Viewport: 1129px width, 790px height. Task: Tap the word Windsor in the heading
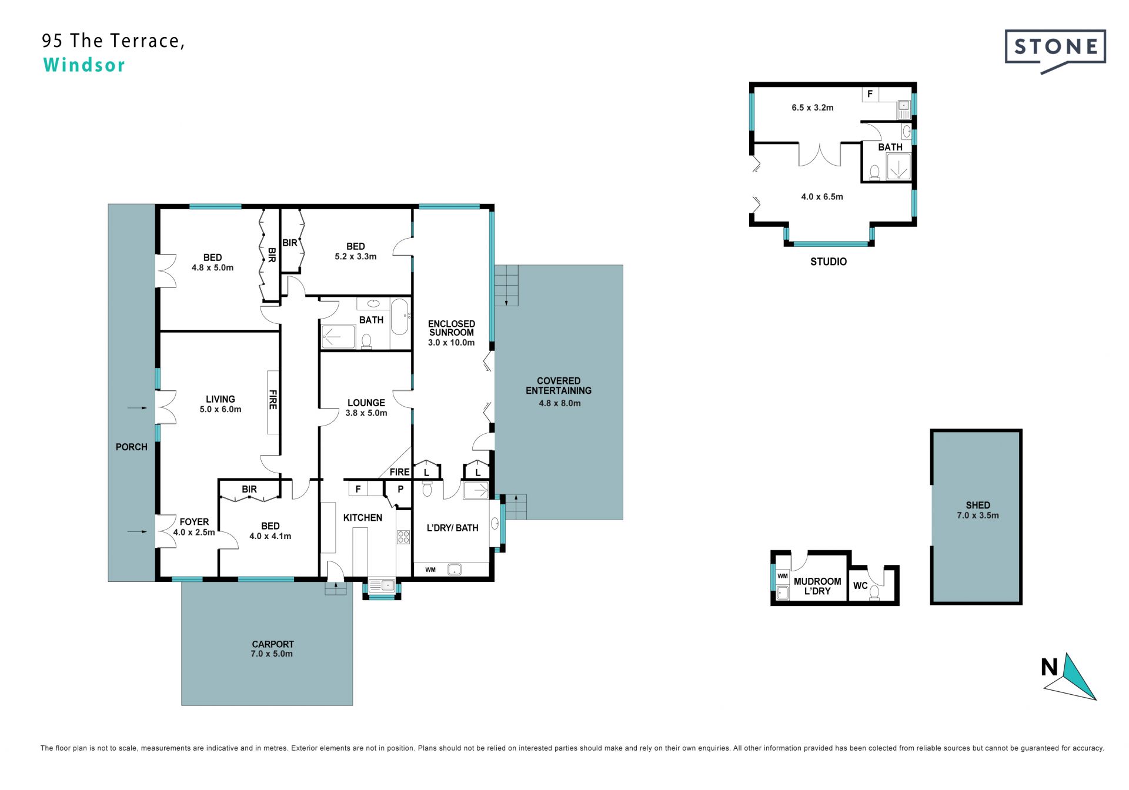click(x=84, y=65)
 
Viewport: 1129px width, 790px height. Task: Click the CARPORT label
click(x=273, y=644)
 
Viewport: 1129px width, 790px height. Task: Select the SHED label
click(x=978, y=505)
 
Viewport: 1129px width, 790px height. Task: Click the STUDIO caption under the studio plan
click(x=829, y=262)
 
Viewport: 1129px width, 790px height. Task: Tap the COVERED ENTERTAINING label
click(x=559, y=386)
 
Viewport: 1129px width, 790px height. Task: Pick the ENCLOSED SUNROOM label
click(x=452, y=328)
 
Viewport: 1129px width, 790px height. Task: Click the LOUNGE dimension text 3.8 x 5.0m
click(x=366, y=413)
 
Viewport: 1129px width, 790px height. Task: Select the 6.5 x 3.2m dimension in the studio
click(x=813, y=108)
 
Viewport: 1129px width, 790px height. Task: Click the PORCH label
click(x=132, y=447)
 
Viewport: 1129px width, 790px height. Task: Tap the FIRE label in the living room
click(x=273, y=400)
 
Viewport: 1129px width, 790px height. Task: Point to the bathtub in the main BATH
click(x=400, y=317)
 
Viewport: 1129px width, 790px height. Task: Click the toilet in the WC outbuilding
click(x=874, y=592)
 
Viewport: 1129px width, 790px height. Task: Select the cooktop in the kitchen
click(x=403, y=537)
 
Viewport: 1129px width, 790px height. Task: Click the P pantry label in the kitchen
click(x=400, y=489)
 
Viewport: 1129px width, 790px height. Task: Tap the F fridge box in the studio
click(x=870, y=94)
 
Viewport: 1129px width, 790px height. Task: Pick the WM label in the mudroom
click(x=783, y=576)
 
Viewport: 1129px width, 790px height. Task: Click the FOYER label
click(x=194, y=522)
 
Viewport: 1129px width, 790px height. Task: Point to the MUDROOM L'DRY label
click(x=817, y=586)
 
